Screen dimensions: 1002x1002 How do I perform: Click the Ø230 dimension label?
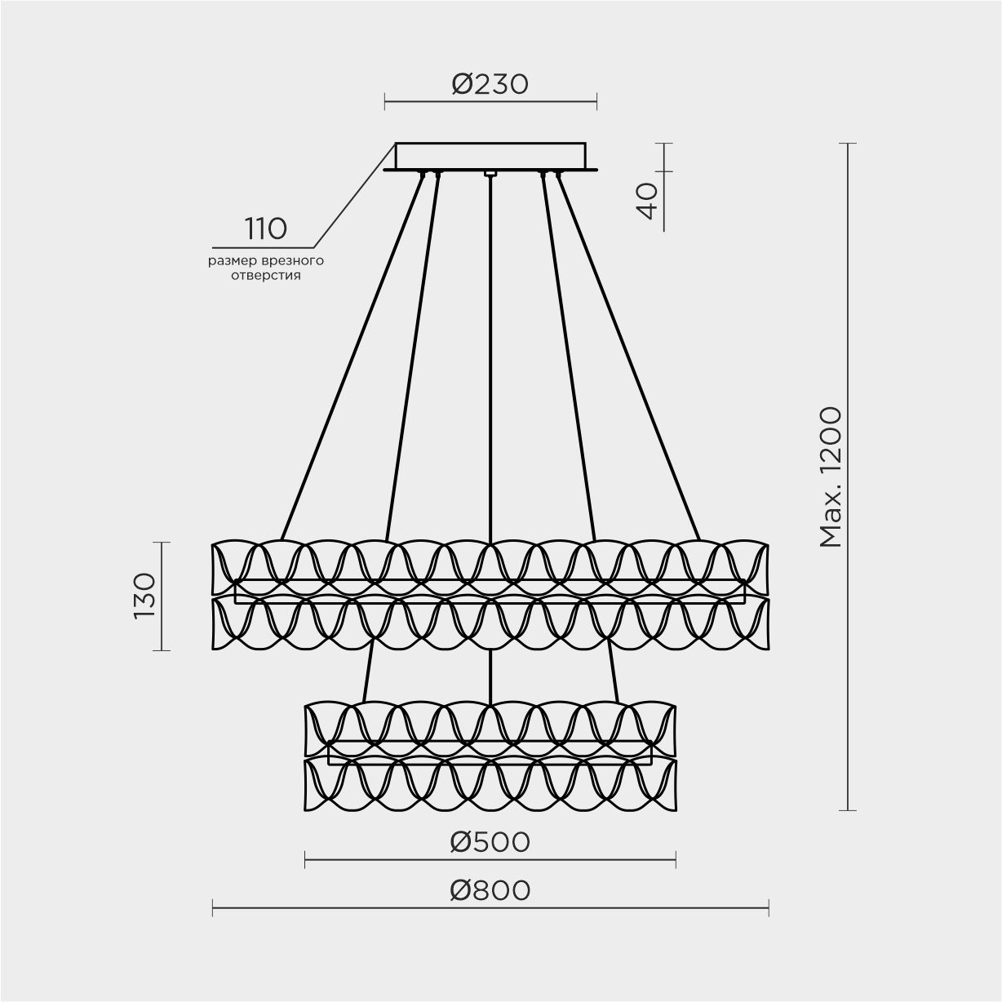point(490,84)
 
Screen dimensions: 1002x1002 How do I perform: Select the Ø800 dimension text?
point(490,905)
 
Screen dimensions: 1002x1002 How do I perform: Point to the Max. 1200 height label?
point(831,477)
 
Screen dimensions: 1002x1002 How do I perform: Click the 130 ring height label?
point(144,596)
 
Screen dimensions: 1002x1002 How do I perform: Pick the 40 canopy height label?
point(646,202)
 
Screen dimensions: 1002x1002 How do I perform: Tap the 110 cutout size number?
point(266,228)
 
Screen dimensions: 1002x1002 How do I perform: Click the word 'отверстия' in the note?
point(266,276)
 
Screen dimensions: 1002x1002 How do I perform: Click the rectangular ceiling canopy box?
point(490,156)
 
